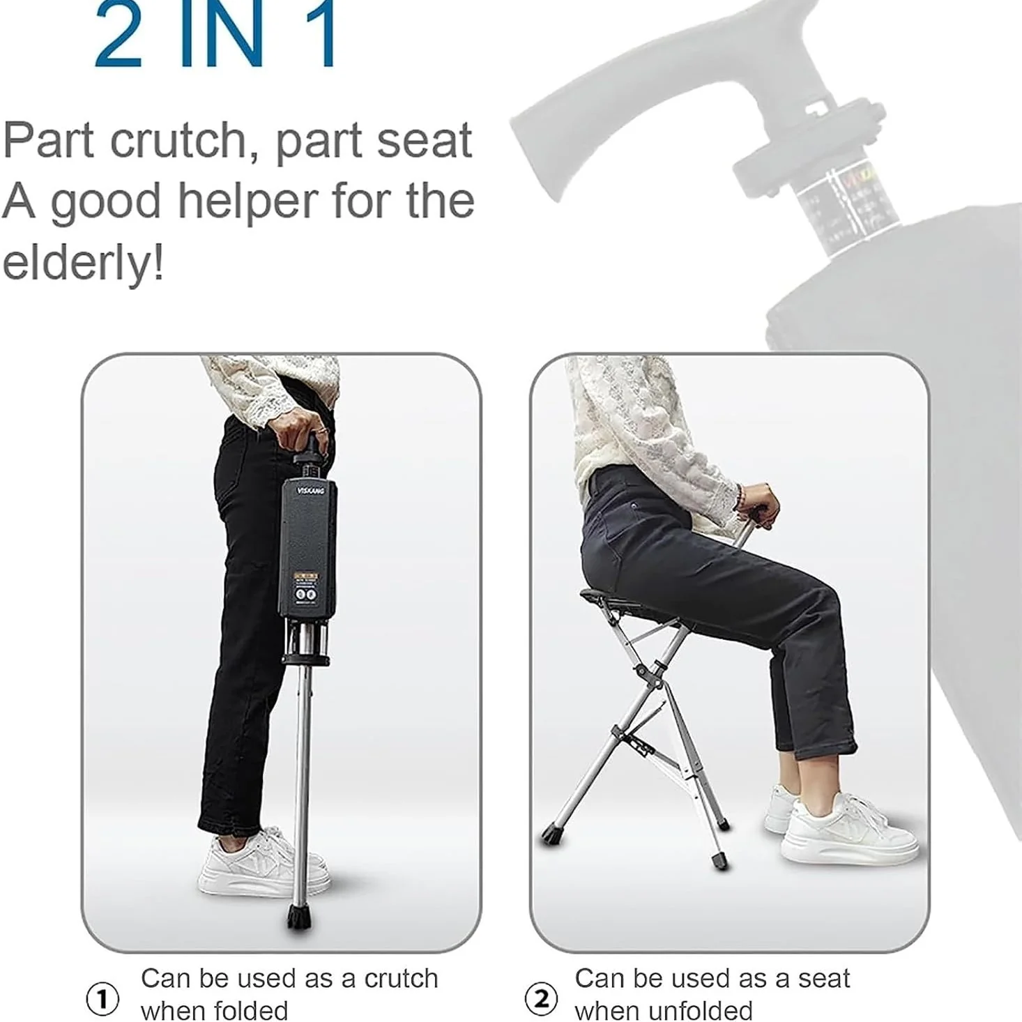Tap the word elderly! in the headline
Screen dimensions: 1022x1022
pos(83,263)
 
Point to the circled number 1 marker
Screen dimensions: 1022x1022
pos(102,999)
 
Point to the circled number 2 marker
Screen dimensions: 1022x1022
pos(541,999)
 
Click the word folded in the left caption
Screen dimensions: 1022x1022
pos(252,1009)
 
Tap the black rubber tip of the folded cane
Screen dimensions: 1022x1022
pos(300,917)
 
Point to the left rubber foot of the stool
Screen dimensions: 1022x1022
pos(552,834)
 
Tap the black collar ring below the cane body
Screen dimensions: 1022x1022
pos(305,658)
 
